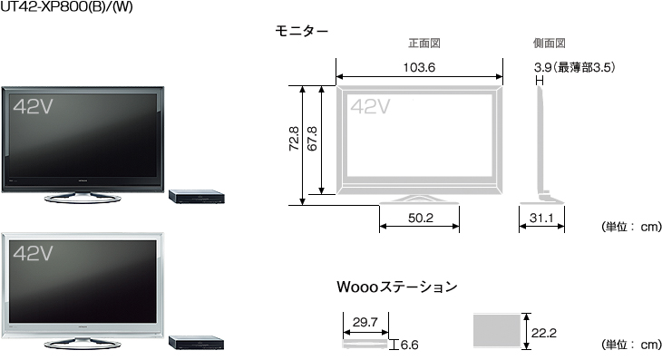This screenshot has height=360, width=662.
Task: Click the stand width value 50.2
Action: pyautogui.click(x=419, y=218)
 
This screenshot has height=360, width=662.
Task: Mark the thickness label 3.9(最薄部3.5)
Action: pyautogui.click(x=575, y=67)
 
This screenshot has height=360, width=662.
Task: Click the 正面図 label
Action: pyautogui.click(x=423, y=43)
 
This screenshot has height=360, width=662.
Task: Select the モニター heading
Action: pyautogui.click(x=301, y=31)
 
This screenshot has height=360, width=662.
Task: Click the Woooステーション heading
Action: pyautogui.click(x=396, y=287)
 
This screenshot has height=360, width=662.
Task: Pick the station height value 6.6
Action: pyautogui.click(x=409, y=345)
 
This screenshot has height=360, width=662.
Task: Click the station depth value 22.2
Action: pyautogui.click(x=543, y=333)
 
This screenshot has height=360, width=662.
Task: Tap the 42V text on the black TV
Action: pyautogui.click(x=33, y=106)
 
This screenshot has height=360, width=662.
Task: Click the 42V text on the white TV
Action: pyautogui.click(x=33, y=255)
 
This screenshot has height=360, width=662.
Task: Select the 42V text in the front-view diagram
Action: pyautogui.click(x=369, y=106)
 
